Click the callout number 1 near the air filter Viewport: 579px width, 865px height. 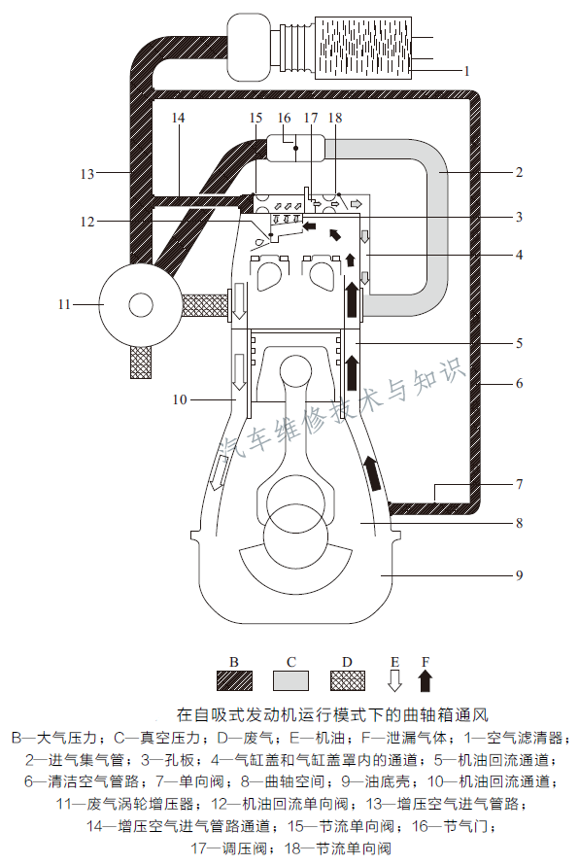coord(466,71)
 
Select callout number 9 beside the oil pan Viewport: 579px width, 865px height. coord(520,575)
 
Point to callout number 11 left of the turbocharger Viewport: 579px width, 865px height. coord(64,304)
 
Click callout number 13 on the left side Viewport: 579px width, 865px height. coord(87,174)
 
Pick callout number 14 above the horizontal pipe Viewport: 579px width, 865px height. coord(178,118)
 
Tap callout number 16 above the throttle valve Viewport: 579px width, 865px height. coord(284,118)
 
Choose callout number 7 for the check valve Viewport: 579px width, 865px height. coord(520,483)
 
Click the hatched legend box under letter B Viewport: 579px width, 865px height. coord(234,679)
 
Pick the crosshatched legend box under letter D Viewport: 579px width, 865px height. coord(347,679)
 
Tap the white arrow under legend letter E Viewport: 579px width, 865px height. coord(394,679)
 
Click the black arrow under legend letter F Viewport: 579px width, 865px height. coord(425,679)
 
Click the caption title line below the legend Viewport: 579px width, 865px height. coord(329,711)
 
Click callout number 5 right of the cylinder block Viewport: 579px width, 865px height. coord(520,343)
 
